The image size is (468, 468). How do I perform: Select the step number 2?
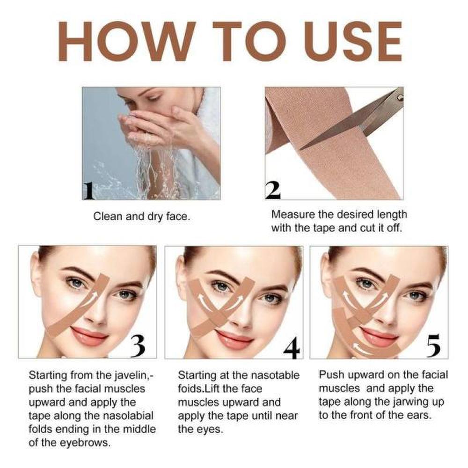273,190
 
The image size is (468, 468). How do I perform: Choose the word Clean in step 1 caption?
107,217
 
